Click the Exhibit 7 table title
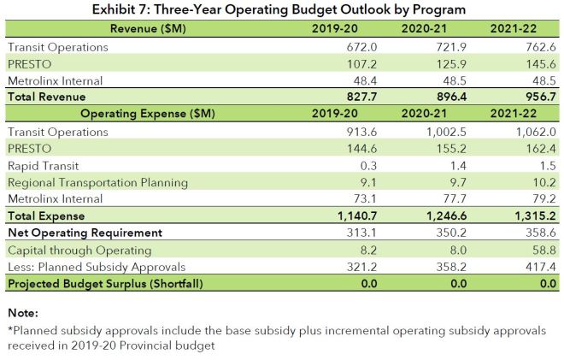281,10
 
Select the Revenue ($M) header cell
143,28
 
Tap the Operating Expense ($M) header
143,115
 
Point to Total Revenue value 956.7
533,97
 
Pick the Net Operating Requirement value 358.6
533,233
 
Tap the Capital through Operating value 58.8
537,250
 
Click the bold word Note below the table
22,313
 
